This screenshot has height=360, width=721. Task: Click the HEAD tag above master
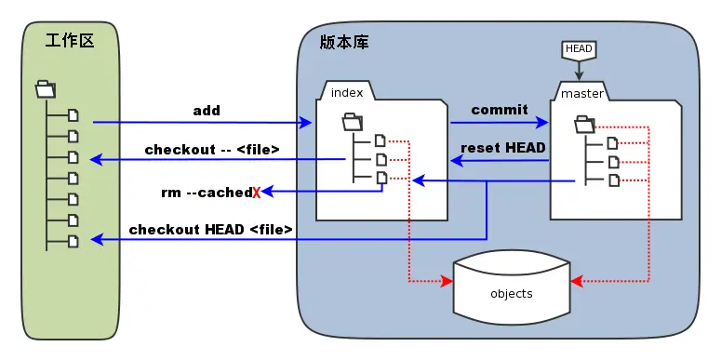point(579,49)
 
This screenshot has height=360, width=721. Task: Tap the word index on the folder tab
point(347,92)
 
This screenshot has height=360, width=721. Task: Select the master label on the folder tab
point(582,94)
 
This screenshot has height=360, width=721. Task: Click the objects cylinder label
point(512,294)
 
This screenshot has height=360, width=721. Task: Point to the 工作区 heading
point(70,41)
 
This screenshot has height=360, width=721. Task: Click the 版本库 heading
point(344,42)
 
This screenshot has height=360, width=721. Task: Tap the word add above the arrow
point(207,111)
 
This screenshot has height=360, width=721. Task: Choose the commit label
point(500,110)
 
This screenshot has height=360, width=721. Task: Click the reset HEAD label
point(503,148)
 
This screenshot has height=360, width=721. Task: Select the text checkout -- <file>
point(212,150)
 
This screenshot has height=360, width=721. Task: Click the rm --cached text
point(207,193)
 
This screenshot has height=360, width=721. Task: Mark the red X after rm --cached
point(256,193)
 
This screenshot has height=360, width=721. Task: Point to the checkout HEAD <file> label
point(210,229)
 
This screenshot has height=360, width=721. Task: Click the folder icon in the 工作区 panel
point(46,88)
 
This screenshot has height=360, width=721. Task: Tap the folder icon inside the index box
point(353,122)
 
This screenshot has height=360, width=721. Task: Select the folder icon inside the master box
point(585,125)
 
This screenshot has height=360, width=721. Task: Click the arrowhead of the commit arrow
point(542,122)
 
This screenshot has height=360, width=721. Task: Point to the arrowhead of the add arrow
point(306,122)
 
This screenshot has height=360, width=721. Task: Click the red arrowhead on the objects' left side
point(447,281)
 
